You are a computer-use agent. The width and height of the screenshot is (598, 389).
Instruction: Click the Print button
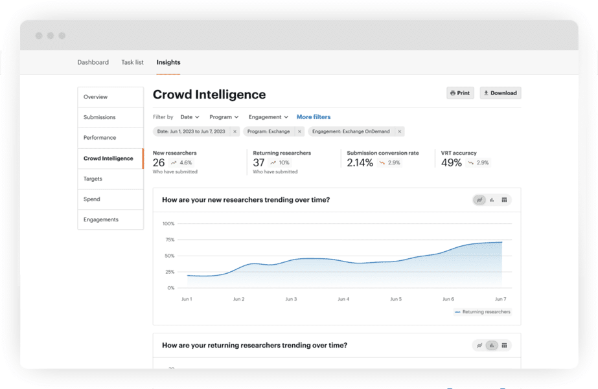pyautogui.click(x=460, y=93)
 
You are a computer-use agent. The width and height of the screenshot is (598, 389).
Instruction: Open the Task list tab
pyautogui.click(x=132, y=62)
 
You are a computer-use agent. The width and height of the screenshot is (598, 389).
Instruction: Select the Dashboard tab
pyautogui.click(x=93, y=62)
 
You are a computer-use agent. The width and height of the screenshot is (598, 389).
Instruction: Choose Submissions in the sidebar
pyautogui.click(x=100, y=117)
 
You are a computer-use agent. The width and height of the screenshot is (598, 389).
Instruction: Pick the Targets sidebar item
pyautogui.click(x=93, y=179)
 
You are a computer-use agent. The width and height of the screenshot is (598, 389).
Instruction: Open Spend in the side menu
pyautogui.click(x=92, y=199)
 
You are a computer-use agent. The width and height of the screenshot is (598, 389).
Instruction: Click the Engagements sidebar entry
pyautogui.click(x=101, y=219)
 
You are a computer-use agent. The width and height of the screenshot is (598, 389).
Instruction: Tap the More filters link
pyautogui.click(x=314, y=117)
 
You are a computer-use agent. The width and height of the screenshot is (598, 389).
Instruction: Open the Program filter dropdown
pyautogui.click(x=224, y=117)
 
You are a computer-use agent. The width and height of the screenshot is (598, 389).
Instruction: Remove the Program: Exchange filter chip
pyautogui.click(x=299, y=131)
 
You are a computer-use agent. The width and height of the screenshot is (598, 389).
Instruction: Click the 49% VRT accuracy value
pyautogui.click(x=452, y=163)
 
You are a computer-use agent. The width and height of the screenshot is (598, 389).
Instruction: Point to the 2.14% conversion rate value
pyautogui.click(x=360, y=163)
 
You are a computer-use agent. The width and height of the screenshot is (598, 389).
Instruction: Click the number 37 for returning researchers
pyautogui.click(x=259, y=163)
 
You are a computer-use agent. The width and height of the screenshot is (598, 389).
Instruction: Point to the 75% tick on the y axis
pyautogui.click(x=168, y=239)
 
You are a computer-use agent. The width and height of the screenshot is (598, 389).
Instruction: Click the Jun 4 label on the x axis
pyautogui.click(x=343, y=299)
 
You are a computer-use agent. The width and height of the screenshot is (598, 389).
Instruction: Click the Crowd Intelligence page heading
pyautogui.click(x=209, y=94)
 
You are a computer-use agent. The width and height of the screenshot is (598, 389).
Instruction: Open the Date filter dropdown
pyautogui.click(x=190, y=117)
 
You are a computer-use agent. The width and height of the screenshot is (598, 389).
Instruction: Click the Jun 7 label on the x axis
pyautogui.click(x=500, y=299)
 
